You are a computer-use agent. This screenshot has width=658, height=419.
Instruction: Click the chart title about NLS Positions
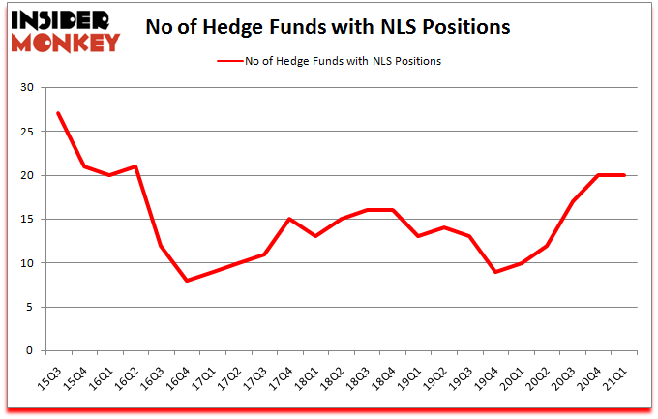coord(327,27)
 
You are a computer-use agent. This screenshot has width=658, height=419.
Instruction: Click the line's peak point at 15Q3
coord(59,114)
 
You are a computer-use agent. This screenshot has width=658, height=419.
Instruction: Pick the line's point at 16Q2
coord(135,166)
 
